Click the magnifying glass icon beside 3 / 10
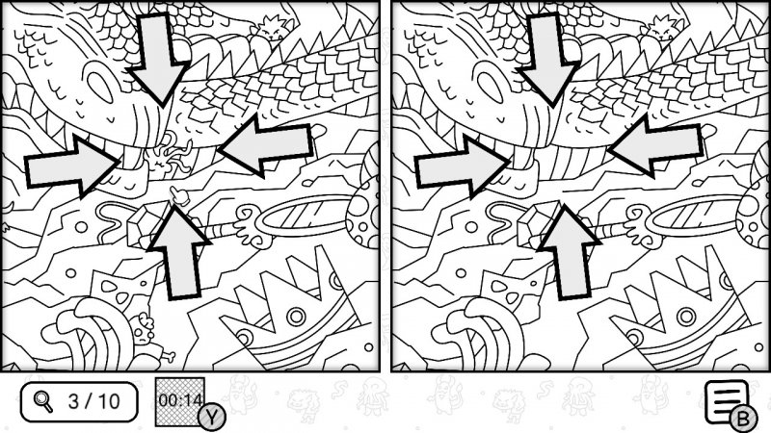click(43, 401)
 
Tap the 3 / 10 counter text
click(93, 401)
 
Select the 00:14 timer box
click(180, 401)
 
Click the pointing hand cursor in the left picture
click(179, 195)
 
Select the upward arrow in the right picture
click(570, 251)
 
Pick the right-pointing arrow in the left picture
click(73, 166)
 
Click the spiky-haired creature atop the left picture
click(270, 29)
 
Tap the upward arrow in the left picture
click(179, 251)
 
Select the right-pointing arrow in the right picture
click(464, 166)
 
